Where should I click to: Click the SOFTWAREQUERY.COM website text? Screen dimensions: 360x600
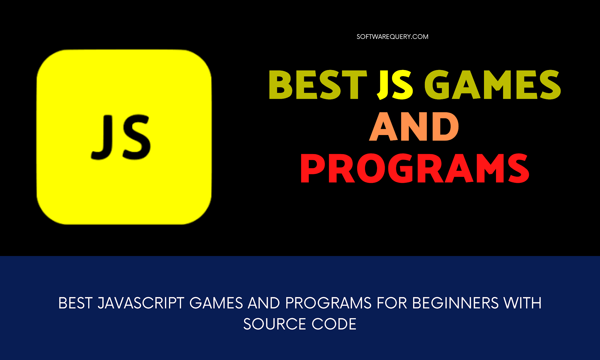[392, 37]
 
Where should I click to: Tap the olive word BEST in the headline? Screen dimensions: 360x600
[318, 85]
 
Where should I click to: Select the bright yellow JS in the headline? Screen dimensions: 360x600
[395, 85]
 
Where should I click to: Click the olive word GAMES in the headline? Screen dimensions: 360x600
[492, 85]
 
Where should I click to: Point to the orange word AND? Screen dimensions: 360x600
[414, 127]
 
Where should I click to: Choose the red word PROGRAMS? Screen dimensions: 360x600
[415, 168]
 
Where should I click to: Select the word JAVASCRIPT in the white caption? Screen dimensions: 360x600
[141, 303]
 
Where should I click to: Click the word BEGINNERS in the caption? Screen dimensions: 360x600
[455, 303]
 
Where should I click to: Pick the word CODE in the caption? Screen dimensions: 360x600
[334, 324]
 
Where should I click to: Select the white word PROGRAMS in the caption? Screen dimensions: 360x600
[328, 303]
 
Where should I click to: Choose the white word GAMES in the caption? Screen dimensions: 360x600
[216, 303]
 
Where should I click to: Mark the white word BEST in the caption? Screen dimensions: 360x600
[76, 303]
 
